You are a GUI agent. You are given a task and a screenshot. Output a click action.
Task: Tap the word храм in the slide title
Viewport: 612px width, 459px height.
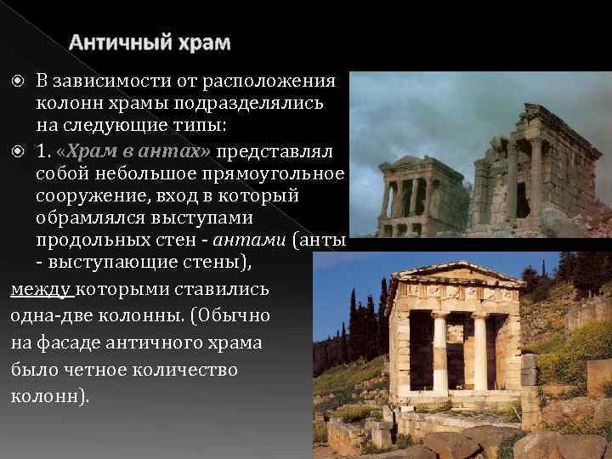(x=204, y=42)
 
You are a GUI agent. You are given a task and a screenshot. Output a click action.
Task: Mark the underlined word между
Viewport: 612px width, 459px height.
(x=42, y=289)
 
